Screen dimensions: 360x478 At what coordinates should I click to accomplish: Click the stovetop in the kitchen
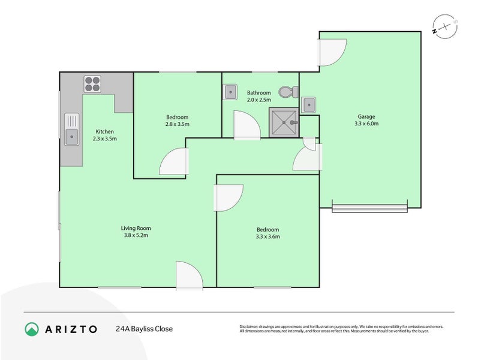[x=92, y=83]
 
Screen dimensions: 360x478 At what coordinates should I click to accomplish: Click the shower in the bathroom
[x=283, y=123]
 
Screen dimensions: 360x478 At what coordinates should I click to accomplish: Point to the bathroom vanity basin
[x=230, y=92]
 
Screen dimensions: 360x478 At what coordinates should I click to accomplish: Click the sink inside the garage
[x=308, y=104]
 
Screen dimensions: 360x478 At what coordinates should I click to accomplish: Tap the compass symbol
[x=444, y=26]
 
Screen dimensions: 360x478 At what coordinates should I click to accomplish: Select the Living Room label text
[x=136, y=228]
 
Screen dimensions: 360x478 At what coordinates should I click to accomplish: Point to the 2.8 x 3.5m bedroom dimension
[x=177, y=124]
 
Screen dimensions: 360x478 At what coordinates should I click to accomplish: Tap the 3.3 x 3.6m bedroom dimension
[x=267, y=237]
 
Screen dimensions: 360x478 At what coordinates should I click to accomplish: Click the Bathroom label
[x=259, y=93]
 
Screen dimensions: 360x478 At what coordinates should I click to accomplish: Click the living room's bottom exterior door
[x=188, y=275]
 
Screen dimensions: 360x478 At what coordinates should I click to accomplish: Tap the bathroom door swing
[x=246, y=125]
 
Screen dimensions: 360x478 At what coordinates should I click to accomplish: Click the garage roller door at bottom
[x=370, y=208]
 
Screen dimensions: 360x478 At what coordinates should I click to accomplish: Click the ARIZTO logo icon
[x=32, y=329]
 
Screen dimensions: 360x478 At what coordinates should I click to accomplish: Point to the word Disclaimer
[x=251, y=326]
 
